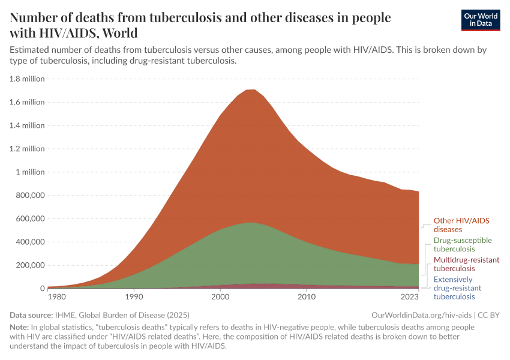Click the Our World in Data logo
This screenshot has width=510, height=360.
[x=480, y=20]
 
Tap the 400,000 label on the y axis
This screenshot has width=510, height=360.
[x=28, y=242]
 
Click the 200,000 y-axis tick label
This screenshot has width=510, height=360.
[x=28, y=265]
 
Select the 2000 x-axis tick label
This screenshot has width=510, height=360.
[x=220, y=297]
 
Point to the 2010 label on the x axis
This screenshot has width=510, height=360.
[x=307, y=297]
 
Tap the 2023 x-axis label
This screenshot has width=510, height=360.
[x=410, y=297]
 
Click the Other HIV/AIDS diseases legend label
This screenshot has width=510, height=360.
[x=461, y=225]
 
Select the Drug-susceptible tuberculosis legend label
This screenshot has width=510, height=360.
[x=463, y=244]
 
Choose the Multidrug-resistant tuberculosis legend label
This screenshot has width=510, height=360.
[x=466, y=264]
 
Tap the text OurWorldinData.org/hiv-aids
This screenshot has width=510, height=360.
[x=422, y=314]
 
